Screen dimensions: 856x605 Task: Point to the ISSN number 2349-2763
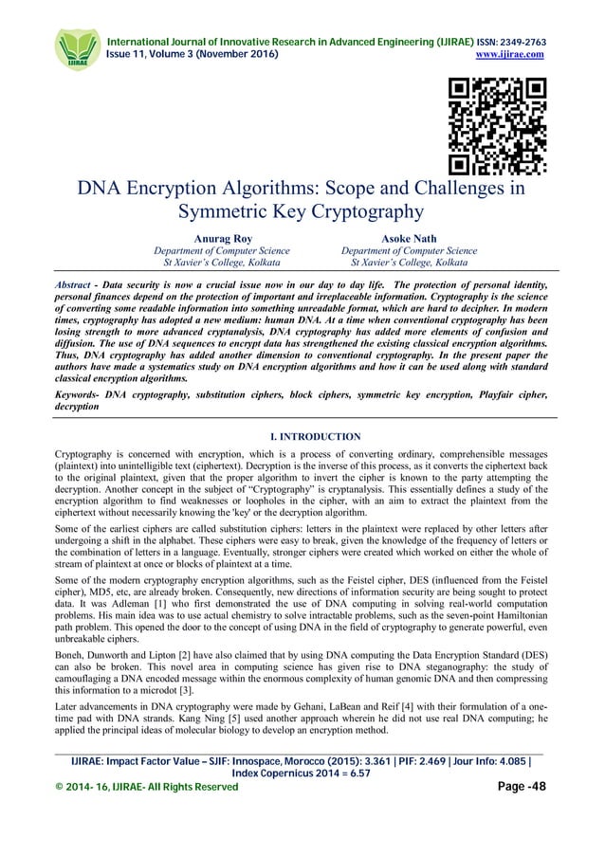point(518,41)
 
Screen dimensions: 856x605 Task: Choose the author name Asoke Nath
point(409,239)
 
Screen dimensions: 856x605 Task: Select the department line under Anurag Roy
point(214,251)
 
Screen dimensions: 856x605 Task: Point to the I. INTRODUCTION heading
point(302,437)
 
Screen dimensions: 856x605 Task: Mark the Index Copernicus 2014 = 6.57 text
point(302,799)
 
